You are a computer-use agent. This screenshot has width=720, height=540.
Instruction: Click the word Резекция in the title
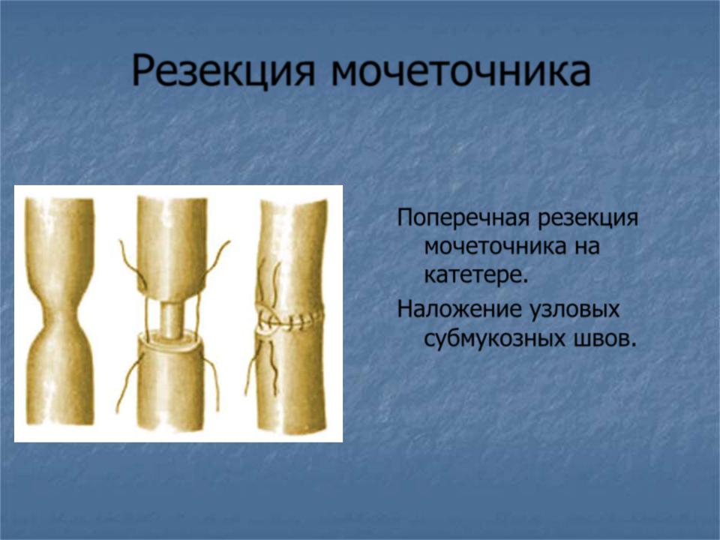[x=223, y=71]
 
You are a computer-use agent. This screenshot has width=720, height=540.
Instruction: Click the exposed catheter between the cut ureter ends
[x=171, y=319]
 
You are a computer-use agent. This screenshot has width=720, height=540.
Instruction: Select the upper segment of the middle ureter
[x=172, y=249]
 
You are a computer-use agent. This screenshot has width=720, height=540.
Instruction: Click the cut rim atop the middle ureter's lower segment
[x=171, y=343]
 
